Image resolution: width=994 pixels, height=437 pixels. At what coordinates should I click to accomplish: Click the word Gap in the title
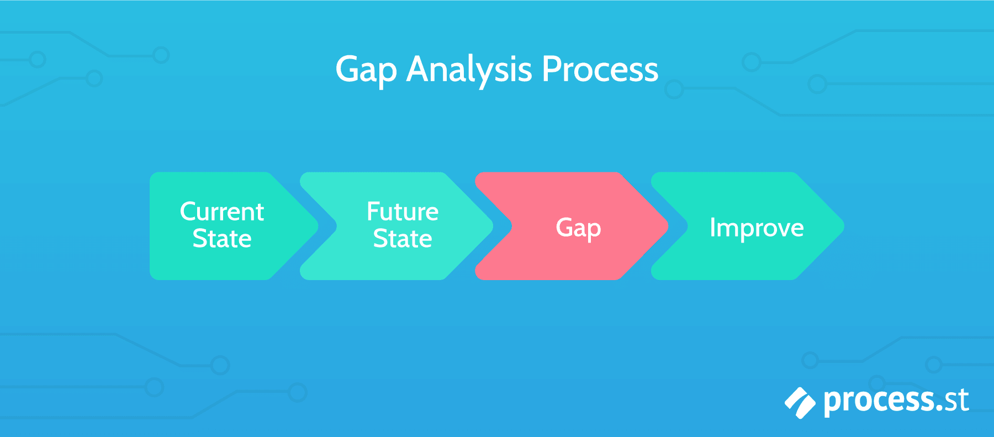point(366,70)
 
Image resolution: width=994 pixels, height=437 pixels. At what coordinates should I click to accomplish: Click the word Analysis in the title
point(469,70)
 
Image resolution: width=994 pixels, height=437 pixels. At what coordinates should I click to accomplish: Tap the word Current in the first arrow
point(222,212)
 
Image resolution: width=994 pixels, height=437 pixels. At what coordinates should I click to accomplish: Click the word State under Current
point(222,239)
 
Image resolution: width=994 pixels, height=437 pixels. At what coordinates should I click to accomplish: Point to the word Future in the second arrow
point(403,212)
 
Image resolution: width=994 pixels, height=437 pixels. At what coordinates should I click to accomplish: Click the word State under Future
point(403,239)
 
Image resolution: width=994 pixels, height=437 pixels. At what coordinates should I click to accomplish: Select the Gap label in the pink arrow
point(578,228)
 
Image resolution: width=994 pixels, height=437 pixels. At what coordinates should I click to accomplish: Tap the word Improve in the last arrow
point(757,228)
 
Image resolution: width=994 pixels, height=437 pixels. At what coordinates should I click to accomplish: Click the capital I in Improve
point(713,227)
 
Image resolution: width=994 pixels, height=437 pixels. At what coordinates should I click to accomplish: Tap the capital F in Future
point(374,212)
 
